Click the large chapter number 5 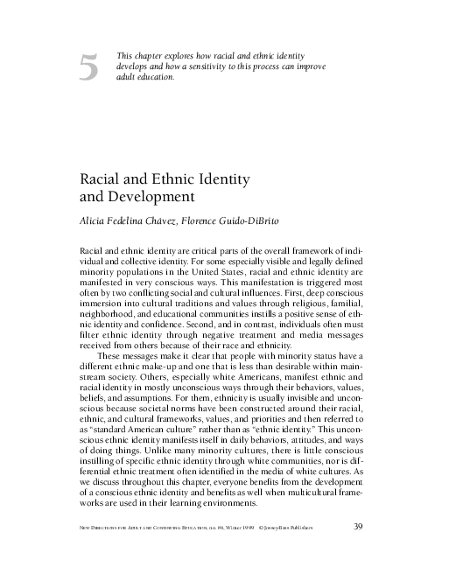coord(88,68)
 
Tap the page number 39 coord(357,526)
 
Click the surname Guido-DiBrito coord(268,220)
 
